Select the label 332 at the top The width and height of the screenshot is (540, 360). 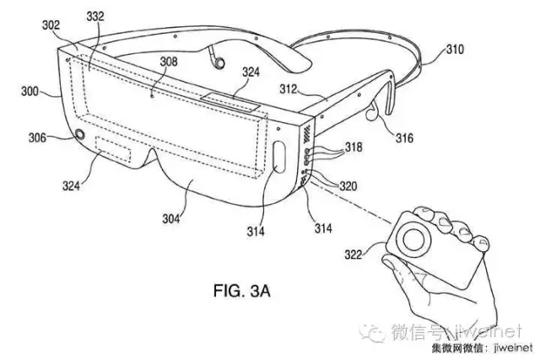click(94, 15)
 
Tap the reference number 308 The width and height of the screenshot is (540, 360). click(168, 62)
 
